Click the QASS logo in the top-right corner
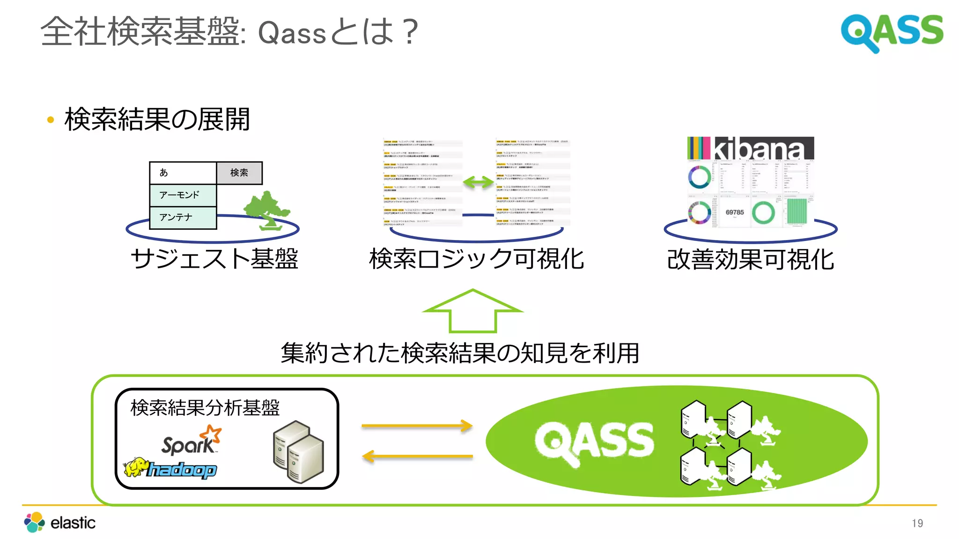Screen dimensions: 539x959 [892, 32]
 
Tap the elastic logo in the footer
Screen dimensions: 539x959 [60, 522]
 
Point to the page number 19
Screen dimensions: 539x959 [917, 523]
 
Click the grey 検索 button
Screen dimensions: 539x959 [239, 173]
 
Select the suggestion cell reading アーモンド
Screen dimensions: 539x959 [183, 195]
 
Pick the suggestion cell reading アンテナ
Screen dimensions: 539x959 [183, 218]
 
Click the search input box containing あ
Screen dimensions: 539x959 [183, 173]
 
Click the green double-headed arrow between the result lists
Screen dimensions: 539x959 [478, 182]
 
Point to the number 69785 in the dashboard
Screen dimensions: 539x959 [734, 212]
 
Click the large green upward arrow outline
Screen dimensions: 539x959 [473, 311]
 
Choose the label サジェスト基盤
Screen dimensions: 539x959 [214, 259]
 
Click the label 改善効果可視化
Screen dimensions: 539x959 [751, 260]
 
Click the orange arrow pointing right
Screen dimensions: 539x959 [417, 426]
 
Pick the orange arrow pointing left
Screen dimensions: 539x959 [417, 456]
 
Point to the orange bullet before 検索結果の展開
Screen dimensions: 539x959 [51, 120]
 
